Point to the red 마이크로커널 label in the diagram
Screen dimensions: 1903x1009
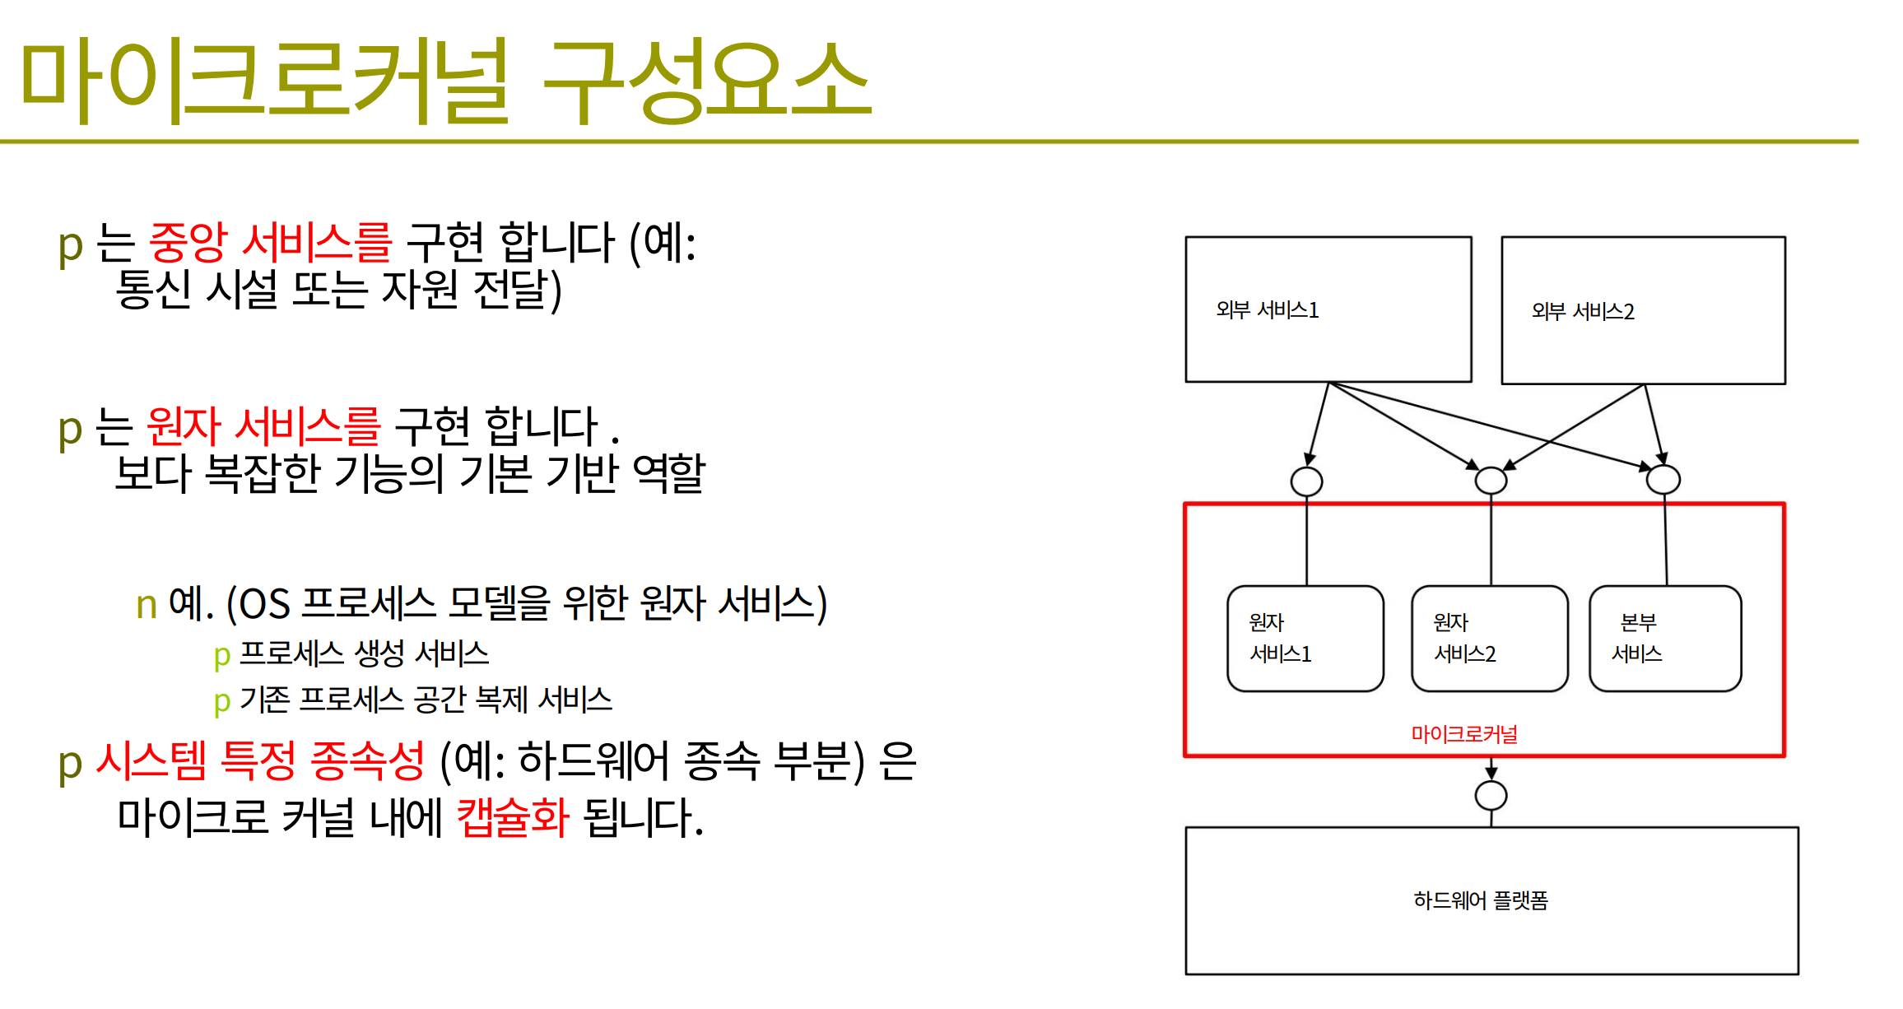1464,733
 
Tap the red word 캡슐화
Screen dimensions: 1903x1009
513,817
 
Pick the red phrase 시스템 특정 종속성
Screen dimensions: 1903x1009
261,760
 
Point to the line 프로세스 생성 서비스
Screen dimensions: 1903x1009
364,653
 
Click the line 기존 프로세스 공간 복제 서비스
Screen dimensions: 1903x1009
426,700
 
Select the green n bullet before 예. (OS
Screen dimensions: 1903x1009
147,606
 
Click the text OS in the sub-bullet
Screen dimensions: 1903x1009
264,604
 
